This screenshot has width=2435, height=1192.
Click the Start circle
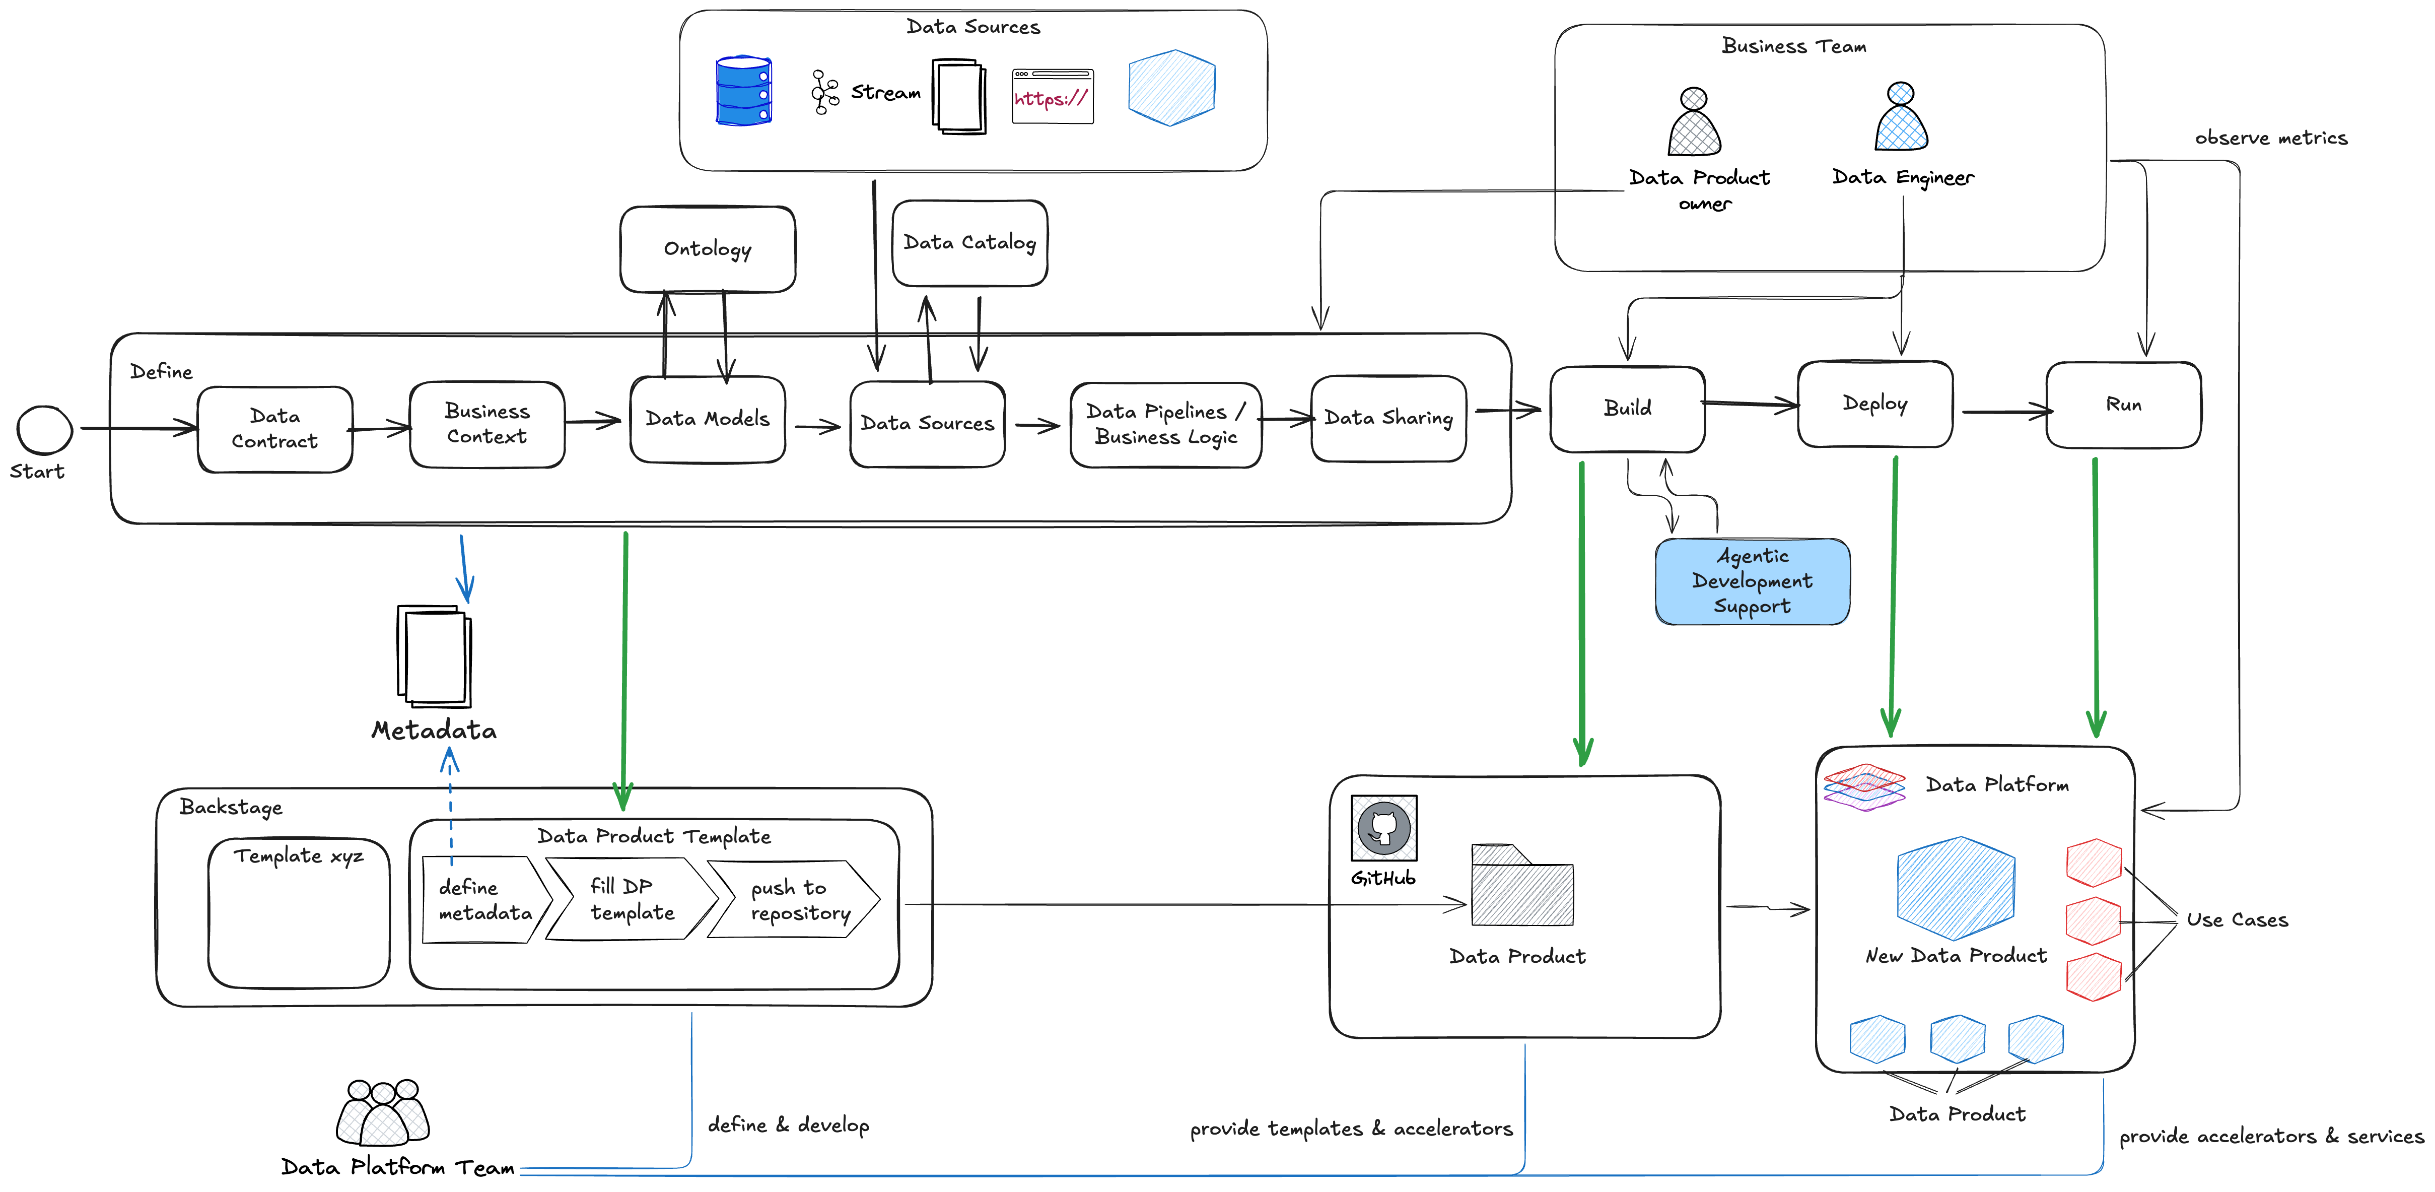(44, 430)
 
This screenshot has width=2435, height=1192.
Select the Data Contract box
(275, 429)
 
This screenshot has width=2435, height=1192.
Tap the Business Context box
(487, 424)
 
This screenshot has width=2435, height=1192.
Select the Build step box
(1627, 409)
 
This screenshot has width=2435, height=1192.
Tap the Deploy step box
(1874, 404)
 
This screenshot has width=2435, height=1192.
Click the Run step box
(2123, 405)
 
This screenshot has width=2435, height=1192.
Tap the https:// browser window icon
(1052, 96)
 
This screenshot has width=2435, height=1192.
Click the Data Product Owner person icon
(1694, 123)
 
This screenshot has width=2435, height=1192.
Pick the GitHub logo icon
(1384, 828)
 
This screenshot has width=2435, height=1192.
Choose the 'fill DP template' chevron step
(632, 899)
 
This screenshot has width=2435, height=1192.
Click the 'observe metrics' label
(2270, 138)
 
